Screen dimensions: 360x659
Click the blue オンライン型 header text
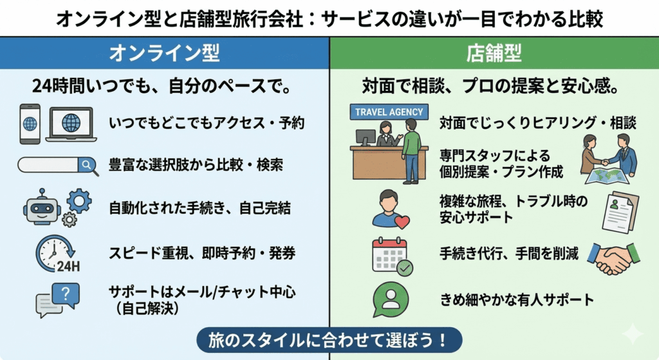coord(165,53)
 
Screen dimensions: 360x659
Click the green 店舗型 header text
coord(494,53)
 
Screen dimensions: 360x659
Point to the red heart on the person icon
coord(402,222)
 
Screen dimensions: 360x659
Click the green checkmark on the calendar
coord(405,268)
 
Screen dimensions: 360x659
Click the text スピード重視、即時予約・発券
coord(202,253)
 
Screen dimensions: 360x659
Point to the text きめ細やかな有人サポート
coord(516,300)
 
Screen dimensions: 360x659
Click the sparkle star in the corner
coord(633,334)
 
